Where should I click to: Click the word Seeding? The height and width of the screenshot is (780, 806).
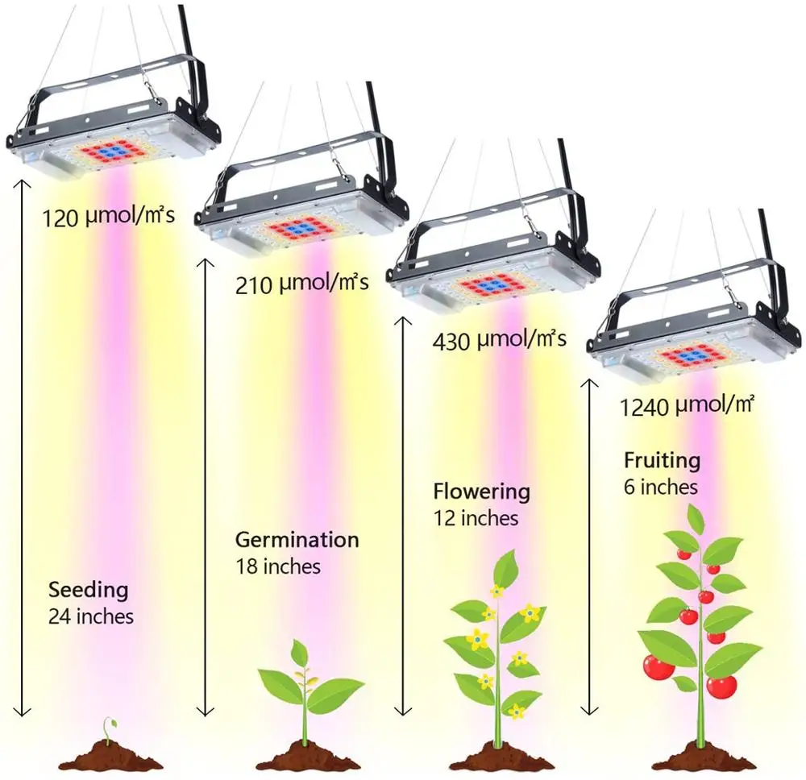coord(88,590)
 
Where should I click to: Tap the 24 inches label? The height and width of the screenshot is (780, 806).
coord(91,617)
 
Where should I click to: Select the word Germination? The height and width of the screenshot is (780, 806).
coord(297,539)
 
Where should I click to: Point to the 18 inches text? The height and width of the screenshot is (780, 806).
coord(277,566)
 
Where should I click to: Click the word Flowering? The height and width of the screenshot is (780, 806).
coord(481,491)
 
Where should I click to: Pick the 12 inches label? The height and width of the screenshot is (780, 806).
coord(475,517)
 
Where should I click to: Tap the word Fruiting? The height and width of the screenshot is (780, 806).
coord(662,461)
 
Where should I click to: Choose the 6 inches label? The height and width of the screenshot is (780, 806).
coord(660,487)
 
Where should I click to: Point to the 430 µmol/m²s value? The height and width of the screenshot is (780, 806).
coord(499,339)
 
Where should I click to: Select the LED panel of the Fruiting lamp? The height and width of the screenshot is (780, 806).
coord(690,357)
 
